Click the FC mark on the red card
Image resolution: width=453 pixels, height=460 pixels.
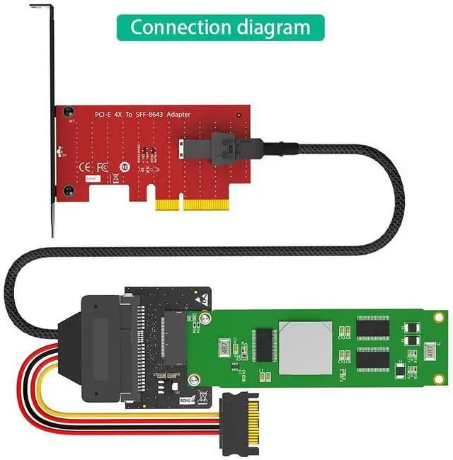tap(101, 168)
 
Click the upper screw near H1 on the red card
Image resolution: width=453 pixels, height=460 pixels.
tap(68, 111)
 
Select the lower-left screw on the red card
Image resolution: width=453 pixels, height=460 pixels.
tap(68, 189)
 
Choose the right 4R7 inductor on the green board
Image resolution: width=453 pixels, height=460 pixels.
tap(430, 350)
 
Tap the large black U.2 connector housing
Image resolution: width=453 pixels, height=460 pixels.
tap(106, 333)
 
